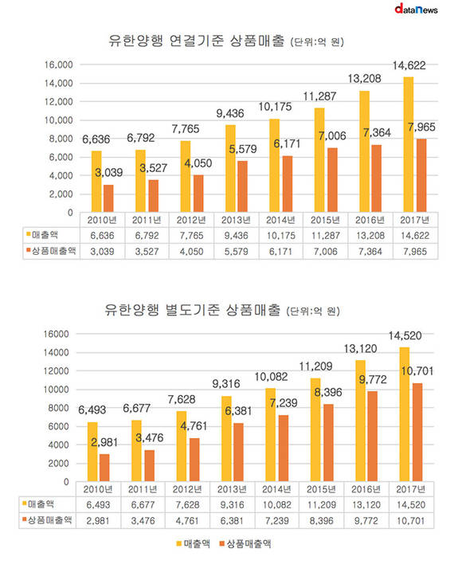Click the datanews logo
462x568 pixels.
point(416,9)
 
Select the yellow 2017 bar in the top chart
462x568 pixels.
point(409,144)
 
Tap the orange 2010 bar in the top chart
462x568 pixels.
point(108,198)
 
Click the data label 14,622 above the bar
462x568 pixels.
point(409,65)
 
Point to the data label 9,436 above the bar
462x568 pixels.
point(230,113)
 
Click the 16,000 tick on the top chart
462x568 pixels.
point(59,65)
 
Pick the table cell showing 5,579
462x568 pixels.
point(236,252)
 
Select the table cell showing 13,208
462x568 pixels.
point(370,236)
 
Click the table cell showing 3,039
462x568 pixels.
point(102,252)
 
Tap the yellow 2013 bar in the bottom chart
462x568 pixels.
point(226,439)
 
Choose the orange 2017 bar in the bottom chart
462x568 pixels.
point(417,432)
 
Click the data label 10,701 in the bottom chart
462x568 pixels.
point(417,371)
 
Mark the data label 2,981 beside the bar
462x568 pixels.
point(104,442)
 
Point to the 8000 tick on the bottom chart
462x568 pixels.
point(58,408)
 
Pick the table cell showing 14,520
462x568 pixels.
point(411,505)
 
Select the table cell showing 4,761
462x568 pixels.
point(187,521)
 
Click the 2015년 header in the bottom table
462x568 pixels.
point(321,489)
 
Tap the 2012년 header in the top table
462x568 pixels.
point(191,220)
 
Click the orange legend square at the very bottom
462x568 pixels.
point(222,543)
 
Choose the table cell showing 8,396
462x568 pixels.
point(321,521)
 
